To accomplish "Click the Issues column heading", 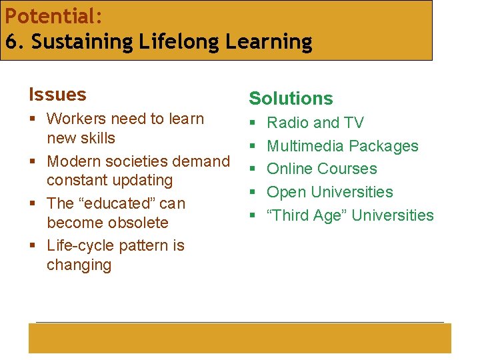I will (x=57, y=95).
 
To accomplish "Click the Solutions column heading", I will (x=291, y=99).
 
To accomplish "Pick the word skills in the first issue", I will (x=97, y=138).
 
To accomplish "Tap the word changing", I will (x=79, y=265).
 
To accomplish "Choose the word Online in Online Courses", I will (x=289, y=169).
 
